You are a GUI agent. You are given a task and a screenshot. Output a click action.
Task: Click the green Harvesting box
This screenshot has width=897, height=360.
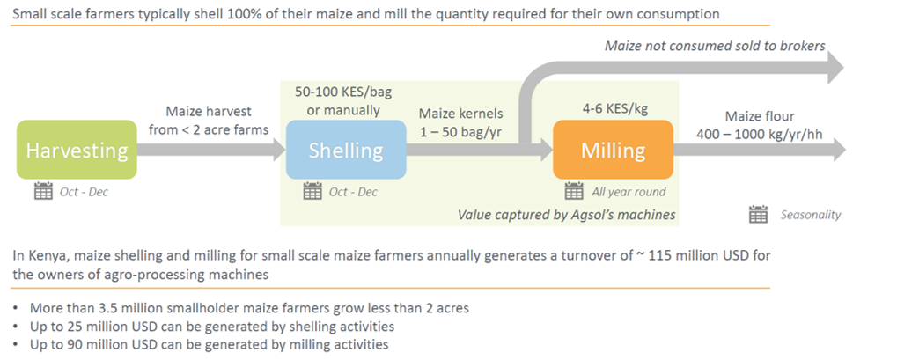point(77,150)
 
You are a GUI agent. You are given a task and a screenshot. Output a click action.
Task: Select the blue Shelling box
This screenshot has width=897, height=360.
point(346,150)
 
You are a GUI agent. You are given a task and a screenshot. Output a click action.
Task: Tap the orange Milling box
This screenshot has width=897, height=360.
point(613,150)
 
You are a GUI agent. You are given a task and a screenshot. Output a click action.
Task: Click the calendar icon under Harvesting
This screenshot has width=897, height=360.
point(43,191)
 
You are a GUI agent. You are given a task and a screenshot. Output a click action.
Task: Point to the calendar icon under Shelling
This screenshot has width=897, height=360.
point(312,191)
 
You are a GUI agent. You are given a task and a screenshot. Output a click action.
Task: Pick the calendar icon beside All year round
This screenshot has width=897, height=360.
point(574,191)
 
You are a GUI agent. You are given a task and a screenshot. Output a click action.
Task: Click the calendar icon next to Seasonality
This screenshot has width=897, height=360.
point(758,215)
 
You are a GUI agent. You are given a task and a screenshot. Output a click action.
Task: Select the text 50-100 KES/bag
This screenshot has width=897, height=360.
point(343,92)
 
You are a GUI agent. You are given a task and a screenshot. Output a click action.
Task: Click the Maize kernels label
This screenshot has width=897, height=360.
point(461,114)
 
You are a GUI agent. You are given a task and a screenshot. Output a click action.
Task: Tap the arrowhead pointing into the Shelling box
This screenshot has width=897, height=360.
point(277,150)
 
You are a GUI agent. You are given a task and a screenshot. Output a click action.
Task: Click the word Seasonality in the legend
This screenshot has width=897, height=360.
point(811,215)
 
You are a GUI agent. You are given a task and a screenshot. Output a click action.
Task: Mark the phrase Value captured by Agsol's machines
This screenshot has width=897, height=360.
point(566,215)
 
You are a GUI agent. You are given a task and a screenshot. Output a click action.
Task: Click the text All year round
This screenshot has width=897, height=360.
point(629,192)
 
